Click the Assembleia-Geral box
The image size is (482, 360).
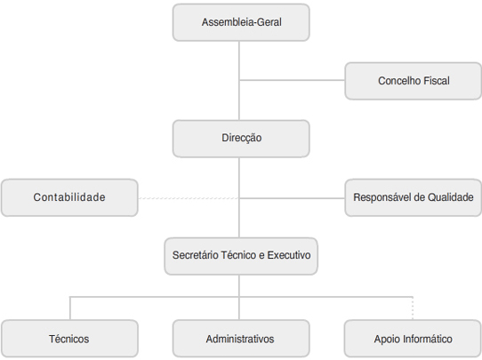pyautogui.click(x=241, y=22)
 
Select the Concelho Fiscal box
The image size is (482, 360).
pyautogui.click(x=414, y=81)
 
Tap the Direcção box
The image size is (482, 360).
pyautogui.click(x=241, y=139)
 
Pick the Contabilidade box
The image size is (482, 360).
pyautogui.click(x=69, y=197)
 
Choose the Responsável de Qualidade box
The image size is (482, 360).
pyautogui.click(x=414, y=197)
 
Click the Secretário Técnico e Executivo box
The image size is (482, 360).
pyautogui.click(x=241, y=256)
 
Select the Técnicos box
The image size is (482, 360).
pyautogui.click(x=69, y=339)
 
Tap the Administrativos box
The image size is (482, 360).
pyautogui.click(x=241, y=339)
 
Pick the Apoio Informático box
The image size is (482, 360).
pyautogui.click(x=414, y=339)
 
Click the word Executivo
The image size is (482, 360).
pyautogui.click(x=289, y=255)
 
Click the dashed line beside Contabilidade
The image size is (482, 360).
pyautogui.click(x=189, y=198)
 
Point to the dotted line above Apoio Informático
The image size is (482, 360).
pyautogui.click(x=413, y=308)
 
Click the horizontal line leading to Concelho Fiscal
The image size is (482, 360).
pyautogui.click(x=292, y=80)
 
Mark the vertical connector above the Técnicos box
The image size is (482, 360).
pyautogui.click(x=70, y=308)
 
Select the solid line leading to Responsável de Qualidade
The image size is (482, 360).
pyautogui.click(x=292, y=198)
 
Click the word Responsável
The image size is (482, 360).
pyautogui.click(x=382, y=197)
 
